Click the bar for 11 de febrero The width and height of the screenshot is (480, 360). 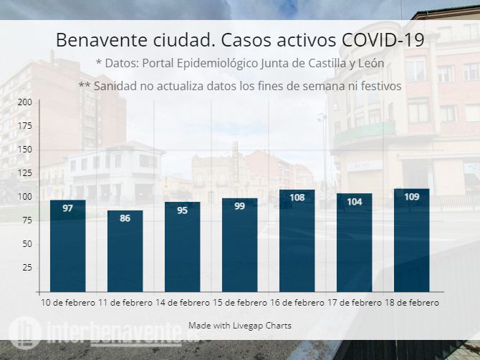125,250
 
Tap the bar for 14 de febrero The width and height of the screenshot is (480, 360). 183,246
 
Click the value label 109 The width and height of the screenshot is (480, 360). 412,197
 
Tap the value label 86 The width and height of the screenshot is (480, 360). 125,218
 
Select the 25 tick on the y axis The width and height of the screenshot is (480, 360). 27,268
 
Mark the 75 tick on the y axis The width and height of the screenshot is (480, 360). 27,220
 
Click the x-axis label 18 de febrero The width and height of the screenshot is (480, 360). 412,303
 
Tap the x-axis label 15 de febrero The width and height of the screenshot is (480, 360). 240,303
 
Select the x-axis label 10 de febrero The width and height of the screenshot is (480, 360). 68,303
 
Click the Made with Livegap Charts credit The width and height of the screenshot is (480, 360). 240,326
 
